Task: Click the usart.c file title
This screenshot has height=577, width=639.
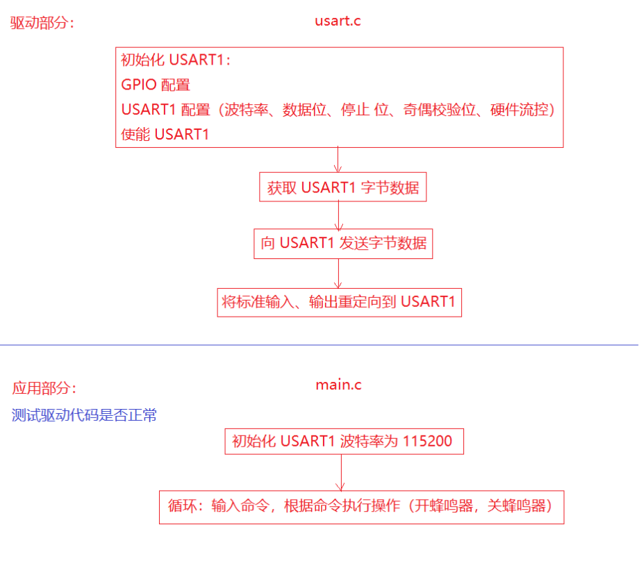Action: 338,20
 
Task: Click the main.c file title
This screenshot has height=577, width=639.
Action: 338,385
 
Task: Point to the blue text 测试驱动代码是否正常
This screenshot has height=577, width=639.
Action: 84,415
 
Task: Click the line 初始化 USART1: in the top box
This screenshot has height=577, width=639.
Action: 175,60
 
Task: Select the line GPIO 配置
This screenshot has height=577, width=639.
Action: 156,85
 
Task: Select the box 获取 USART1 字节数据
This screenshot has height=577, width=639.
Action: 343,187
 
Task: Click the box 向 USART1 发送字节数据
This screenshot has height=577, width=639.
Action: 343,244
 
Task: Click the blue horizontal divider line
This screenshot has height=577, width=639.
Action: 319,344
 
